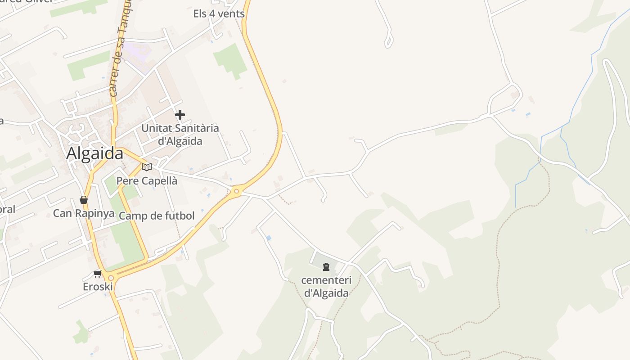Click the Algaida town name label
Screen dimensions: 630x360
coord(94,153)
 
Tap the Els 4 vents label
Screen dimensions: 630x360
coord(219,13)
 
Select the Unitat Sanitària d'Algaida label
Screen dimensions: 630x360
coord(180,134)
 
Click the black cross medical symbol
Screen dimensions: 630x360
coord(180,115)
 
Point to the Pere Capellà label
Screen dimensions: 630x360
coord(147,181)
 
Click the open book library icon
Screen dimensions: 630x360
coord(147,167)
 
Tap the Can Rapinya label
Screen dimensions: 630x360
coord(84,213)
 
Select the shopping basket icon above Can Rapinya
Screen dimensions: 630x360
coord(84,200)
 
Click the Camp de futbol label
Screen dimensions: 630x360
coord(157,216)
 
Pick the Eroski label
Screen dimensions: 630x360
coord(98,287)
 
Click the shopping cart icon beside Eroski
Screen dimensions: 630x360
coord(98,274)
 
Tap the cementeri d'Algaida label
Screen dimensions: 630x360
coord(326,287)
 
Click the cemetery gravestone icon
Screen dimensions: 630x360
coord(326,267)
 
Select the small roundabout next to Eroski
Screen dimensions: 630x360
coord(111,278)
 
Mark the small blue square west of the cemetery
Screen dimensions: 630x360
coord(269,238)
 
